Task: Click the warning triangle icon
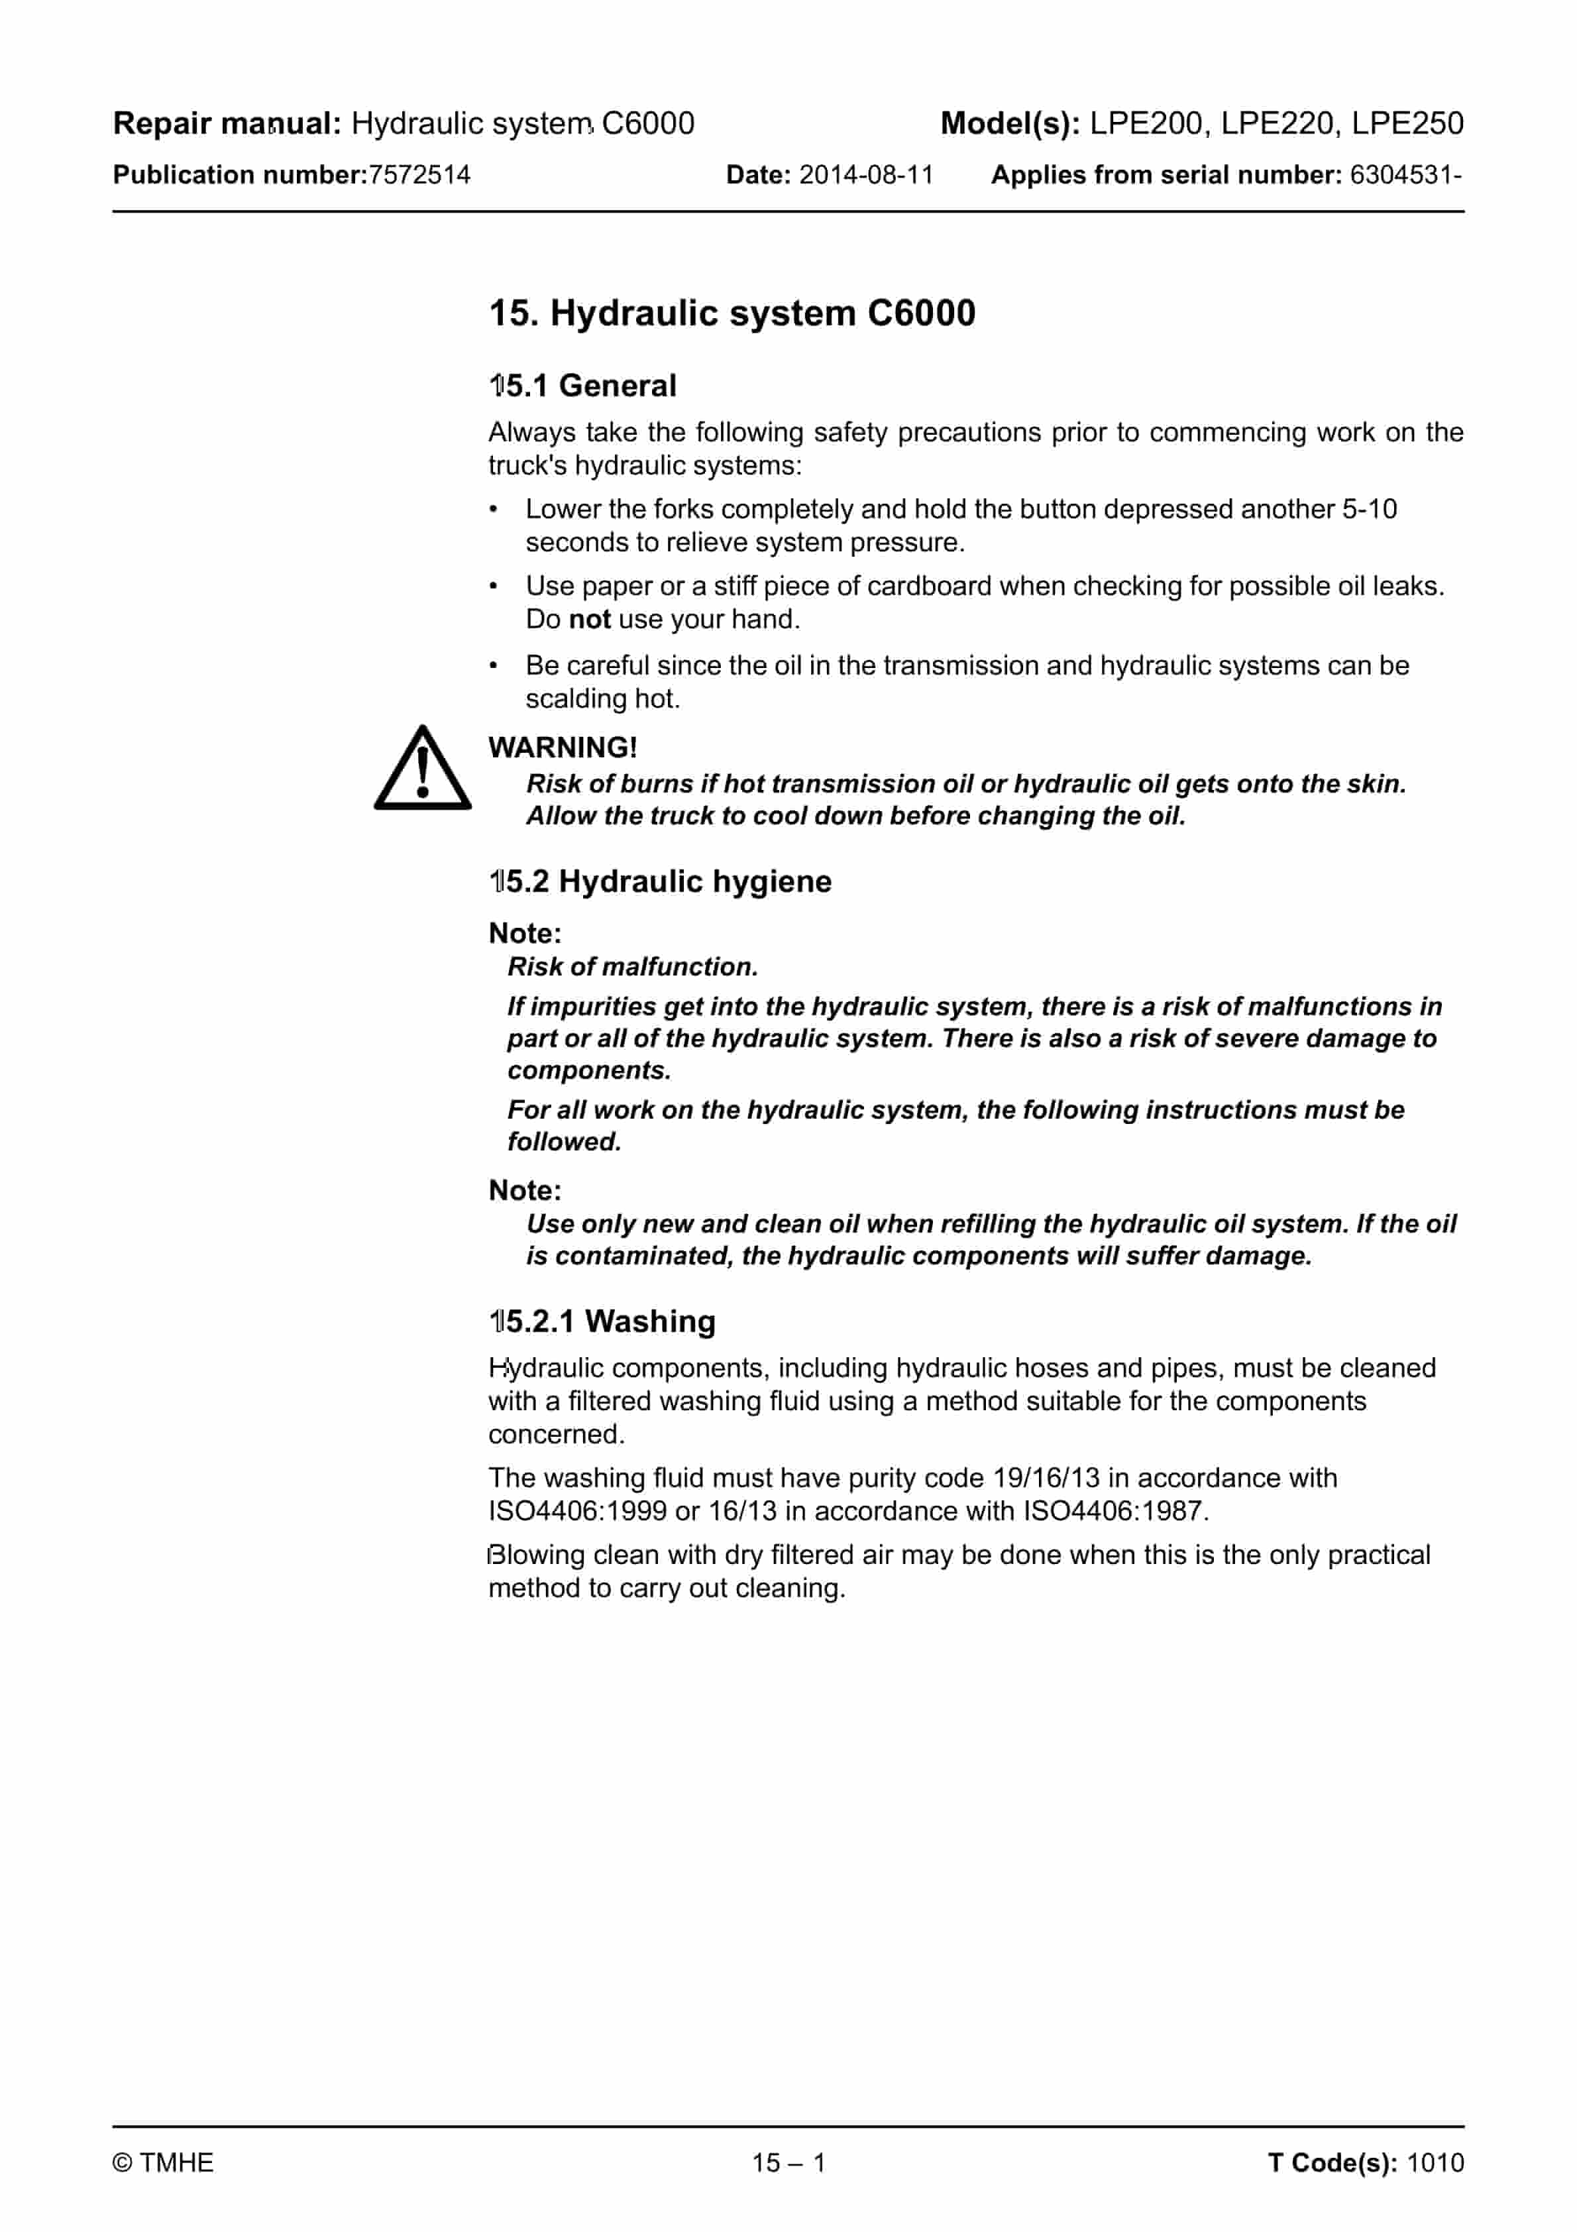pos(422,770)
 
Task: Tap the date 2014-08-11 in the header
pos(865,175)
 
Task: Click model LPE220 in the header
pos(1277,123)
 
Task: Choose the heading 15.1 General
pos(582,386)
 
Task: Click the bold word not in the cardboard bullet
pos(589,619)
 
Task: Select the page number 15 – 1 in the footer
pos(788,2163)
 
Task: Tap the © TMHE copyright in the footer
pos(164,2163)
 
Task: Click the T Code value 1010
pos(1435,2163)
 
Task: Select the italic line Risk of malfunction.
pos(632,968)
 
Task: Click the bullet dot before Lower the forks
pos(494,510)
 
